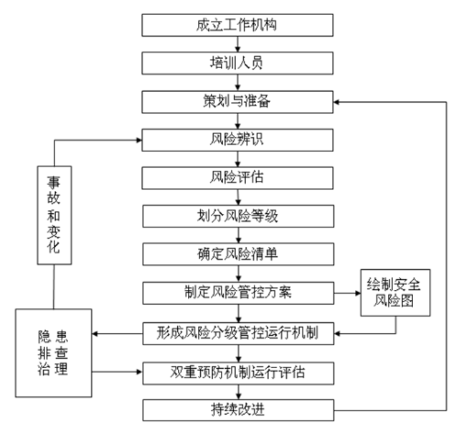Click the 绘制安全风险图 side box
[396, 292]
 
